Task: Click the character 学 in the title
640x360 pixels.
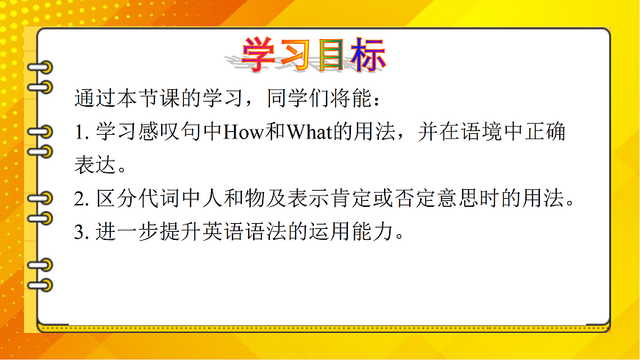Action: (263, 54)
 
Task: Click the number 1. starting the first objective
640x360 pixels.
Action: (81, 133)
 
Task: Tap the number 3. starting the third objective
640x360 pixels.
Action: (81, 233)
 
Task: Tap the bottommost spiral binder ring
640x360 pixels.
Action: (39, 285)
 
